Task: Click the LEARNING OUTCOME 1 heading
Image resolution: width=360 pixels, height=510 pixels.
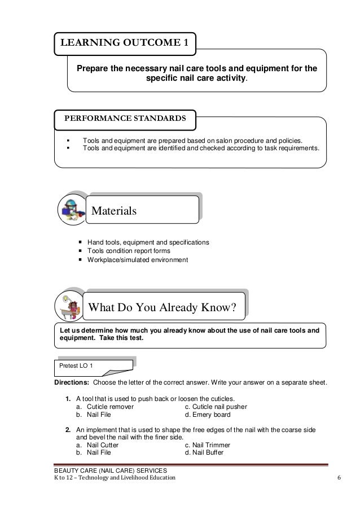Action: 125,42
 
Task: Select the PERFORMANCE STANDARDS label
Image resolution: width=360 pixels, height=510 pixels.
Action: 125,119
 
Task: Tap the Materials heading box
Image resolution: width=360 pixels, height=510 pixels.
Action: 141,210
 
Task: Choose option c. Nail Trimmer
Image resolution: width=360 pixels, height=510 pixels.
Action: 209,444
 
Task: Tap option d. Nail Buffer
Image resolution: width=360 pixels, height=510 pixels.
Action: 207,452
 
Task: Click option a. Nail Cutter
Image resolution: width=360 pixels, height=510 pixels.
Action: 97,444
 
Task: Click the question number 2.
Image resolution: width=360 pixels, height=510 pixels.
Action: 68,429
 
